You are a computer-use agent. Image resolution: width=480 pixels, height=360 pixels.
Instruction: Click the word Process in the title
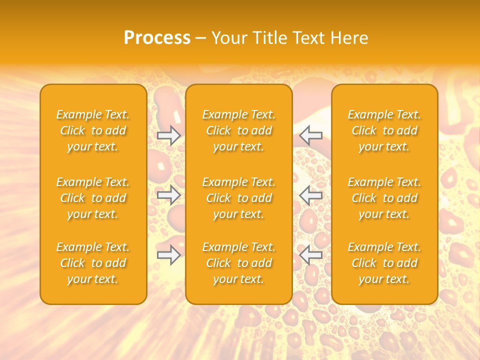(157, 38)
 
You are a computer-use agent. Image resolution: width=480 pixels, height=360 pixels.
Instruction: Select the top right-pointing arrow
(168, 135)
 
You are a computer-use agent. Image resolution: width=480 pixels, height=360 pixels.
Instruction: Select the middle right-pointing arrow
(168, 194)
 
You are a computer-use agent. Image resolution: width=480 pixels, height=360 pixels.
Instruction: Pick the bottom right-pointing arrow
(168, 254)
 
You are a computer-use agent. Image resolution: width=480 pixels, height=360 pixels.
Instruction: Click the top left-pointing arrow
(311, 135)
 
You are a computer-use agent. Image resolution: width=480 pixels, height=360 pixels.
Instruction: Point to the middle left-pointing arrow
(311, 194)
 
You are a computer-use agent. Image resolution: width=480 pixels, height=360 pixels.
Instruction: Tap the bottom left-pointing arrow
(311, 254)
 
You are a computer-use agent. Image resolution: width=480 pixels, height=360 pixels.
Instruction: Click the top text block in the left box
(93, 130)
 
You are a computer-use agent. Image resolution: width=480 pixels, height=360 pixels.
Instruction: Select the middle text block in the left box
(93, 198)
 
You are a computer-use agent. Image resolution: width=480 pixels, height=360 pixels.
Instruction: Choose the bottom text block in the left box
(93, 263)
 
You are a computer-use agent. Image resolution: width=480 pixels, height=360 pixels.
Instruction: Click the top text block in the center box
(239, 130)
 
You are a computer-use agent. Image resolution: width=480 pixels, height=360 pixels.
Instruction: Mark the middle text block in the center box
(239, 198)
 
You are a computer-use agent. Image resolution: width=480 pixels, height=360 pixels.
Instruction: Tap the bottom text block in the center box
(239, 263)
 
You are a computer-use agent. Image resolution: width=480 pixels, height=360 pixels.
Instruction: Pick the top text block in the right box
(384, 130)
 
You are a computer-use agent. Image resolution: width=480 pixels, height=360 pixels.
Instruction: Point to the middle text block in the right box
(384, 198)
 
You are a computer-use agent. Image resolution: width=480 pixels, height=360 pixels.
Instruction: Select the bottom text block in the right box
(384, 263)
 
